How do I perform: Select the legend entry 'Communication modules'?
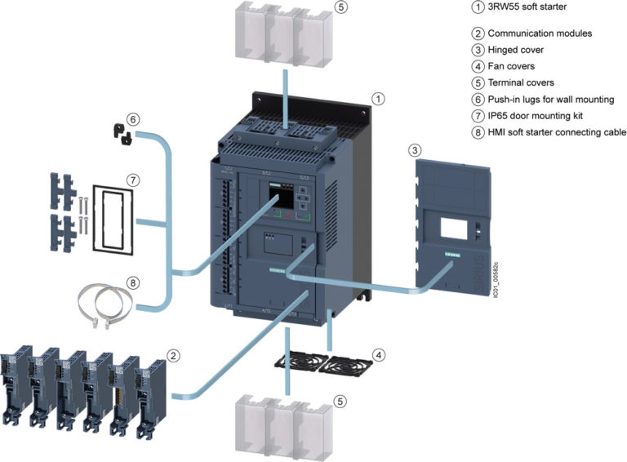(x=540, y=33)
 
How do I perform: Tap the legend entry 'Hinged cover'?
(x=517, y=50)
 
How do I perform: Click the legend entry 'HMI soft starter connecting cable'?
(x=557, y=131)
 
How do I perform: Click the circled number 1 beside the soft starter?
(x=379, y=98)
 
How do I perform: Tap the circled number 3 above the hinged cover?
(x=416, y=150)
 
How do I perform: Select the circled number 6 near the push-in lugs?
(x=133, y=119)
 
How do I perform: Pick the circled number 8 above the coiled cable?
(x=133, y=283)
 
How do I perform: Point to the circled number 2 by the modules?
(x=172, y=355)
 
